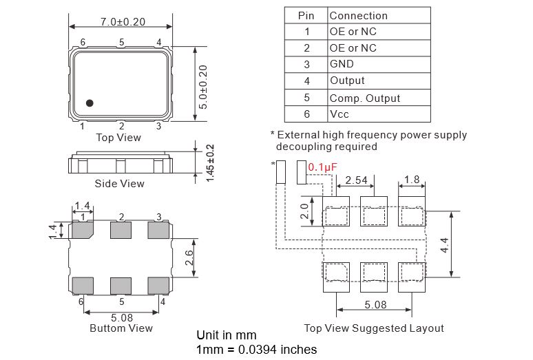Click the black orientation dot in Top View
(90, 103)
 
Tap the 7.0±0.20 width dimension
(123, 22)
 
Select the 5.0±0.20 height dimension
(203, 87)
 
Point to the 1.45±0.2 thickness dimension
(211, 163)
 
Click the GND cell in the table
(342, 64)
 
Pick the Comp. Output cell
(365, 98)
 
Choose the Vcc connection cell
(339, 114)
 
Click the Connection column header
(359, 16)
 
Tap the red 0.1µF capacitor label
(322, 167)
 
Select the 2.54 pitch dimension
(356, 180)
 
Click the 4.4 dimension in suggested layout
(445, 245)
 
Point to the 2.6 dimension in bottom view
(189, 257)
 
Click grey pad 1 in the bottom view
(83, 230)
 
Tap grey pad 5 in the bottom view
(121, 286)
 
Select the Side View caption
(119, 184)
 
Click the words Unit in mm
(227, 335)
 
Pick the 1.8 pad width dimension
(412, 180)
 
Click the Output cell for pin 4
(347, 81)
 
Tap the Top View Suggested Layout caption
(374, 328)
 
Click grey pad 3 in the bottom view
(158, 230)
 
